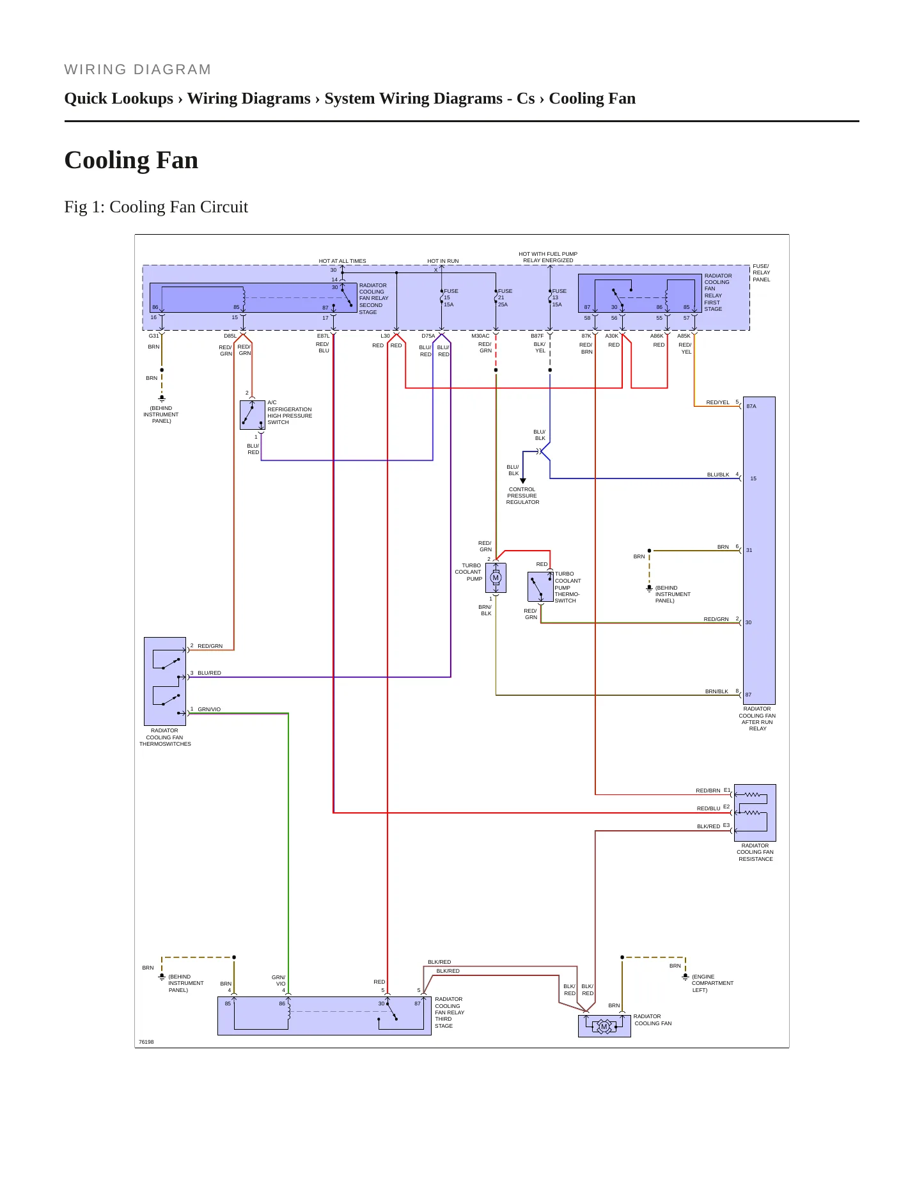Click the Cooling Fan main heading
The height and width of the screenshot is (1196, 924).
[131, 160]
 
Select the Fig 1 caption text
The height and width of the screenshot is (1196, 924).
[156, 207]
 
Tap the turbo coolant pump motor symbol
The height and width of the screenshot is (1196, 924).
[496, 578]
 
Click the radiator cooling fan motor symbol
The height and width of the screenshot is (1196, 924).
[604, 1027]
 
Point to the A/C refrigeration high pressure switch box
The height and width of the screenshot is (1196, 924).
[252, 415]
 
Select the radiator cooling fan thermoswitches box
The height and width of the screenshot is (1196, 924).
[165, 681]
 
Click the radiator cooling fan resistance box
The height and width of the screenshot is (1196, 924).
[755, 813]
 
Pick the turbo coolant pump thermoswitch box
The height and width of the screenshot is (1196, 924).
[540, 586]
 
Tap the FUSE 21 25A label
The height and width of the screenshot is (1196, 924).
[505, 298]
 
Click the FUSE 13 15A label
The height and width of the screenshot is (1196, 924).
[559, 298]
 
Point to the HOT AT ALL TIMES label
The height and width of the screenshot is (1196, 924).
[343, 261]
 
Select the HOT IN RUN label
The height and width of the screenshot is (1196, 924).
[443, 261]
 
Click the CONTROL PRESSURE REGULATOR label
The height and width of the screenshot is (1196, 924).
[522, 496]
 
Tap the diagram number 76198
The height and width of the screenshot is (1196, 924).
[146, 1042]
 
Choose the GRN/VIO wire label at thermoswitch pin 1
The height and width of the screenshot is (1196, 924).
[209, 709]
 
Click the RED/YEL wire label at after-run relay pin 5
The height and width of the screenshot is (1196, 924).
[717, 402]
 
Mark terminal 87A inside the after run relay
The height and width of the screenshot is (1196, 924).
[751, 406]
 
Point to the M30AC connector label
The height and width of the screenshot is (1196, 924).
[480, 336]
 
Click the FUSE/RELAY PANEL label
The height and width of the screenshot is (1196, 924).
[762, 273]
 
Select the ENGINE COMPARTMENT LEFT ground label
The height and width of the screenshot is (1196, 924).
[712, 984]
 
